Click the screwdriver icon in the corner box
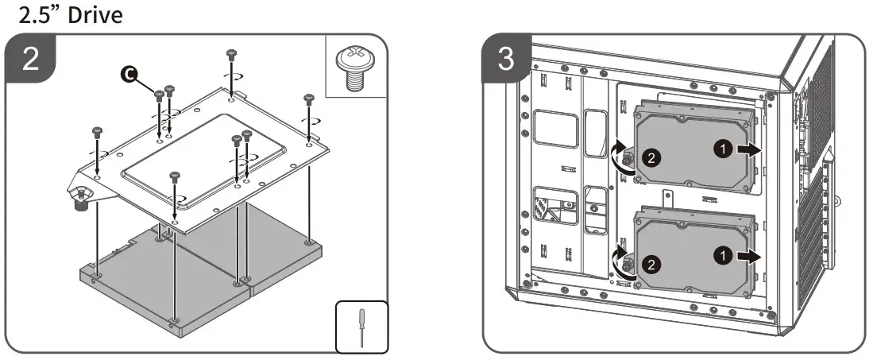click(363, 326)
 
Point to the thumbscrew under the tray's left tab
click(79, 202)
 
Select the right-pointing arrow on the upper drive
click(748, 151)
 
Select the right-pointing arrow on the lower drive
click(748, 257)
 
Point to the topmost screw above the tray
click(231, 55)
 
